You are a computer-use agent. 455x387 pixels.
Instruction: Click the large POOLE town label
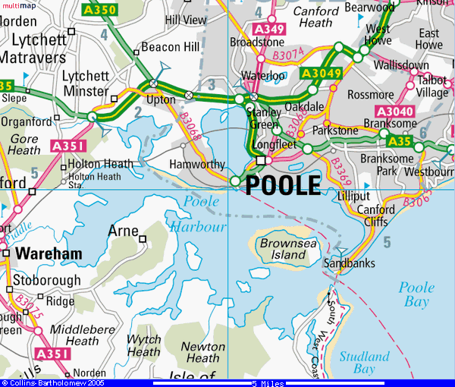[x=283, y=184]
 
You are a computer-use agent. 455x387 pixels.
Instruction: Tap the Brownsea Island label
[x=283, y=250]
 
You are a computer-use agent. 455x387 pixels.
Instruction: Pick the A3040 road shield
[x=394, y=112]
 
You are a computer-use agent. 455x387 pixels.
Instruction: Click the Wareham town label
[x=47, y=253]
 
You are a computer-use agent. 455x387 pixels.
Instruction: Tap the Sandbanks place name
[x=349, y=263]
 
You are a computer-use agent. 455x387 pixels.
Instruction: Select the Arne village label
[x=123, y=231]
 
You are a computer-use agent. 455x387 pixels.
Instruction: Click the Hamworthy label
[x=196, y=165]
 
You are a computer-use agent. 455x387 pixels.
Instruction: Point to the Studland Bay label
[x=364, y=363]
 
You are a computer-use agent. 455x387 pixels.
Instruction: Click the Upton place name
[x=160, y=99]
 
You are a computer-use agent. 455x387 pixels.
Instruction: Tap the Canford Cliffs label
[x=375, y=216]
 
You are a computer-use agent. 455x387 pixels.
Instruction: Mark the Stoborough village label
[x=47, y=280]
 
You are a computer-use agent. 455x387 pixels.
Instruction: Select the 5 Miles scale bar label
[x=268, y=383]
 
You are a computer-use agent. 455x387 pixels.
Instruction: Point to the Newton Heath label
[x=202, y=352]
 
